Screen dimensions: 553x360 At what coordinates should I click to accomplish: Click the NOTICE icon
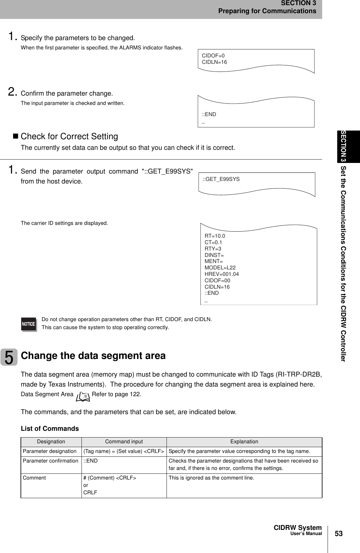click(29, 324)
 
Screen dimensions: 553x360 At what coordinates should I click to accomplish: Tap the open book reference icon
click(83, 397)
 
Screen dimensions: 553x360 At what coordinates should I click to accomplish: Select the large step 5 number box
click(9, 357)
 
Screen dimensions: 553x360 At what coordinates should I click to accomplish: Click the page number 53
click(339, 534)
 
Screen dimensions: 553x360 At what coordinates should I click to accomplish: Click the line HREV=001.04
click(222, 274)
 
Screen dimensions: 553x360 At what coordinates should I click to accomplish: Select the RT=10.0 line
click(215, 236)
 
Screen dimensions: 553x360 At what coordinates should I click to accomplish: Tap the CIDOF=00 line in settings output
click(217, 280)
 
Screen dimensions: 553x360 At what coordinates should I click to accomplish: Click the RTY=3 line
click(213, 249)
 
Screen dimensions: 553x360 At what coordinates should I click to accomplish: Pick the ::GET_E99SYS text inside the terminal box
click(221, 179)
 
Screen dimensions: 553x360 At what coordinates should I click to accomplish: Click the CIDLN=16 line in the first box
click(214, 62)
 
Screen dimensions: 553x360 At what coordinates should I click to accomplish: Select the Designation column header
click(51, 442)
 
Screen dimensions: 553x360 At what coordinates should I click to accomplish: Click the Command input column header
click(124, 442)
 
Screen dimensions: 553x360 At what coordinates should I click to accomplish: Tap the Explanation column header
click(244, 442)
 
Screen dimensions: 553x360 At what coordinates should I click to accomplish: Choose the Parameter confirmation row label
click(50, 461)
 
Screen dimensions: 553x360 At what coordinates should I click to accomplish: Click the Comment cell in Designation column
click(34, 478)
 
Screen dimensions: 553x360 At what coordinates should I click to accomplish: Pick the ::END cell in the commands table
click(91, 461)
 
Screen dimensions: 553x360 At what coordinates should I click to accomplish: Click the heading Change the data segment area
click(93, 356)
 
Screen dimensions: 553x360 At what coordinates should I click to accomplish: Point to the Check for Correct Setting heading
click(69, 136)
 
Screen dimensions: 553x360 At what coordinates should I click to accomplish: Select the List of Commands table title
click(50, 429)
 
